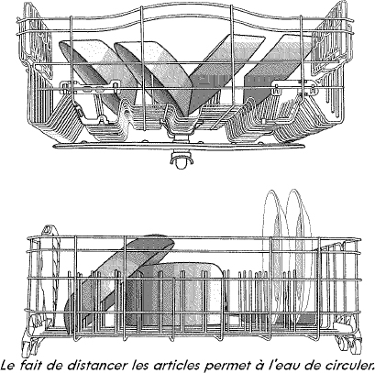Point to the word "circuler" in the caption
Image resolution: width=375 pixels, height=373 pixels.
(346, 365)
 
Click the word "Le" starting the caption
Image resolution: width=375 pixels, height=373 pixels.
(8, 365)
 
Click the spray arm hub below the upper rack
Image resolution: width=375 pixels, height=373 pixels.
(182, 159)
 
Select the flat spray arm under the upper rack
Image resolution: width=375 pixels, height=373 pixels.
(179, 147)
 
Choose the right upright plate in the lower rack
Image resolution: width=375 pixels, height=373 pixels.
(298, 257)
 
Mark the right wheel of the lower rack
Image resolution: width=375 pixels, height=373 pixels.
(346, 343)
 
